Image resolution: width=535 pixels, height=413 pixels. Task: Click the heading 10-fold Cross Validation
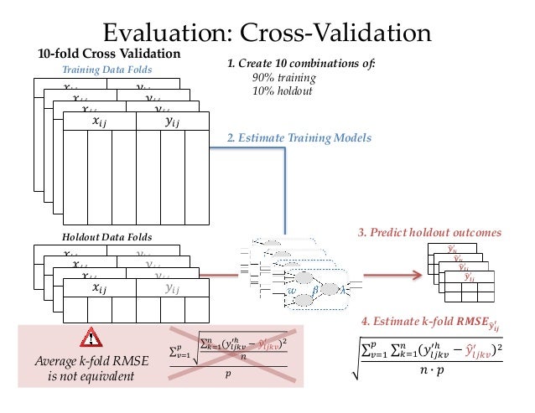(109, 54)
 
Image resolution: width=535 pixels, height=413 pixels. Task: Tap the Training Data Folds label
(103, 70)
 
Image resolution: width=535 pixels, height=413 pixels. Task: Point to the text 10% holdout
(279, 90)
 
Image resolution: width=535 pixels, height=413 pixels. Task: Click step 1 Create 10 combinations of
(301, 64)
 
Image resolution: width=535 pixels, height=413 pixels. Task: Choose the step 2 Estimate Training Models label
(299, 137)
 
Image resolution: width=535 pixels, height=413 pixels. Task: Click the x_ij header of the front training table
(98, 121)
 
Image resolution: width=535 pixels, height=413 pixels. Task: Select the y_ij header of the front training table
(171, 121)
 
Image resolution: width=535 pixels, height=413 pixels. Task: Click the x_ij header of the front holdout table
(98, 287)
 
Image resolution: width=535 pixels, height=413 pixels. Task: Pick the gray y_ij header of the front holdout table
(171, 287)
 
